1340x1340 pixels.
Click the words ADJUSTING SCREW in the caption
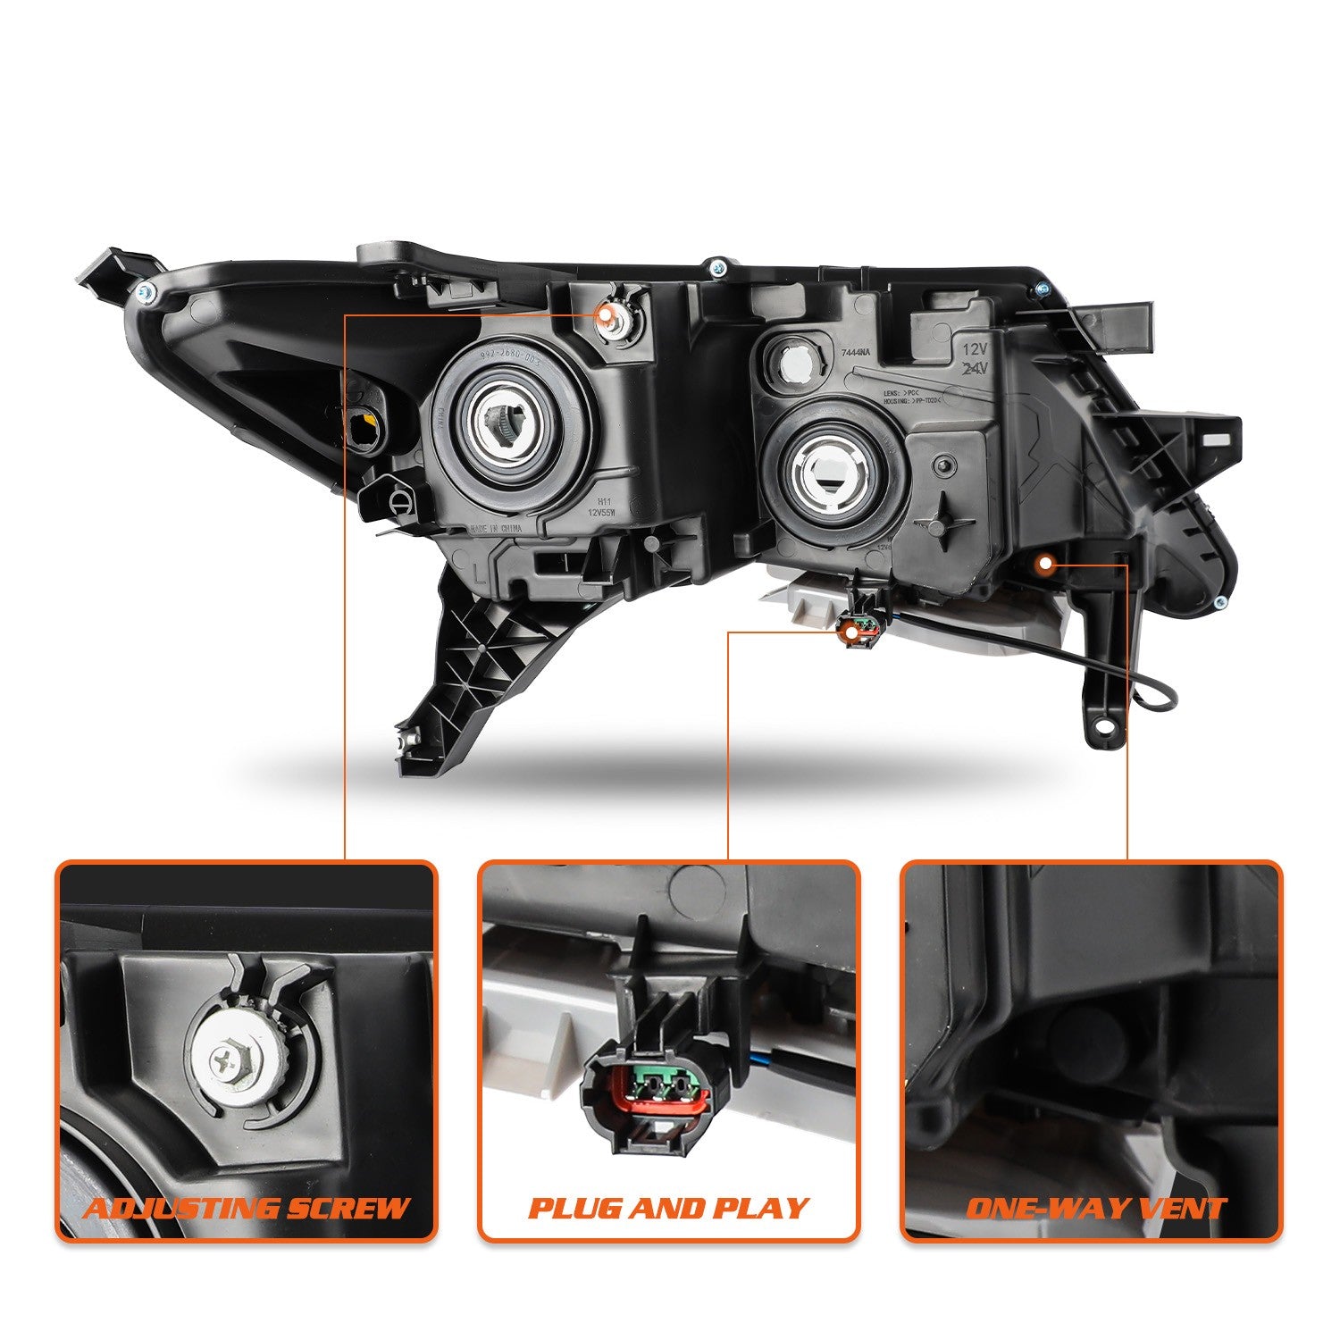click(x=246, y=1209)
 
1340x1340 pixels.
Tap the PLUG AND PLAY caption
click(x=668, y=1209)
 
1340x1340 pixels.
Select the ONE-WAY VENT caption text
click(x=1095, y=1209)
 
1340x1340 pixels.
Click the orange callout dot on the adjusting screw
click(x=607, y=314)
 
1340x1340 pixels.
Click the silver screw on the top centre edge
click(x=716, y=265)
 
